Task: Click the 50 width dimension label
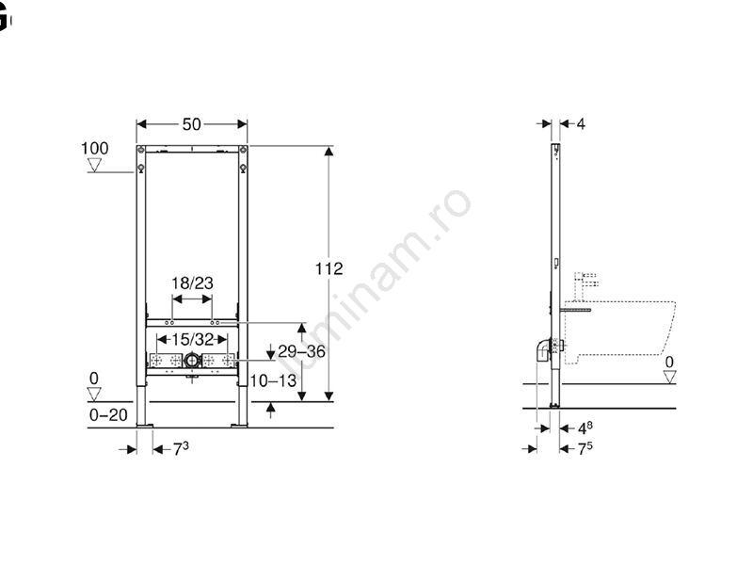point(192,124)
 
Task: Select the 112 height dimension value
point(328,268)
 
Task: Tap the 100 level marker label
point(95,148)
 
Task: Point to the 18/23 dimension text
point(193,283)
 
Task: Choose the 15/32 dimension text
point(193,340)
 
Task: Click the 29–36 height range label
point(301,351)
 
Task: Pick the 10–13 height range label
point(273,381)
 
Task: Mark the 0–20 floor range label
point(108,414)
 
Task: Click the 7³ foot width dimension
point(181,449)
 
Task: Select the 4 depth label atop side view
point(581,124)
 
